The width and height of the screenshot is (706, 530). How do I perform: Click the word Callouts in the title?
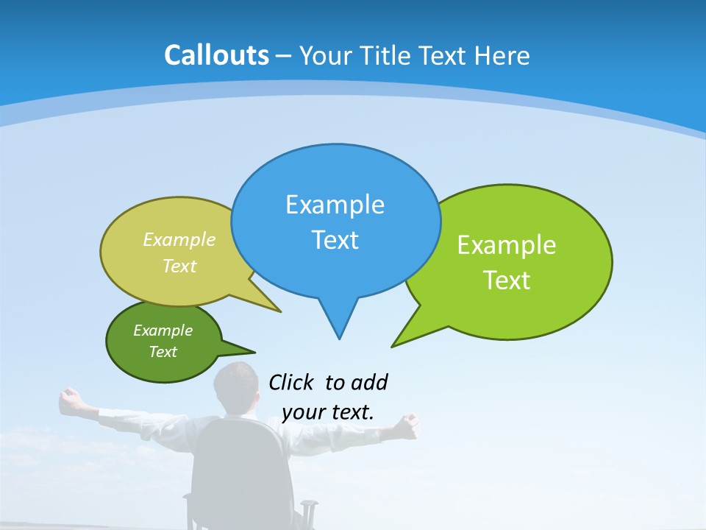coord(217,55)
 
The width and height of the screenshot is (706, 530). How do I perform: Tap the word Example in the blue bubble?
coord(335,205)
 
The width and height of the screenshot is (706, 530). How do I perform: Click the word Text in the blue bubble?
coord(335,240)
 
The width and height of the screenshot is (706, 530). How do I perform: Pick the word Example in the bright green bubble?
coord(507,245)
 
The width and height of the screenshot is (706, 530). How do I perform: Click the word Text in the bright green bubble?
coord(507,280)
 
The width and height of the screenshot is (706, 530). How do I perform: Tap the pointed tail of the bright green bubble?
coord(393,344)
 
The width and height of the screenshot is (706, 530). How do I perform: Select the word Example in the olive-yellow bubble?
coord(179,239)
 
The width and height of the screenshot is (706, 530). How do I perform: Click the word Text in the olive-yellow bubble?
coord(179,266)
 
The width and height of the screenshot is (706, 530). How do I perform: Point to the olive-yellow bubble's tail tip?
coord(279,311)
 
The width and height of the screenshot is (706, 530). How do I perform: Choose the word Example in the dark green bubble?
coord(163,331)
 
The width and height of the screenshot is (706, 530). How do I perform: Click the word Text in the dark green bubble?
coord(163,352)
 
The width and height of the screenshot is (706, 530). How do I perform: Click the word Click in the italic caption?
coord(292,383)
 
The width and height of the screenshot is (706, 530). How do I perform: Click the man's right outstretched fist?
coord(408,422)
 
